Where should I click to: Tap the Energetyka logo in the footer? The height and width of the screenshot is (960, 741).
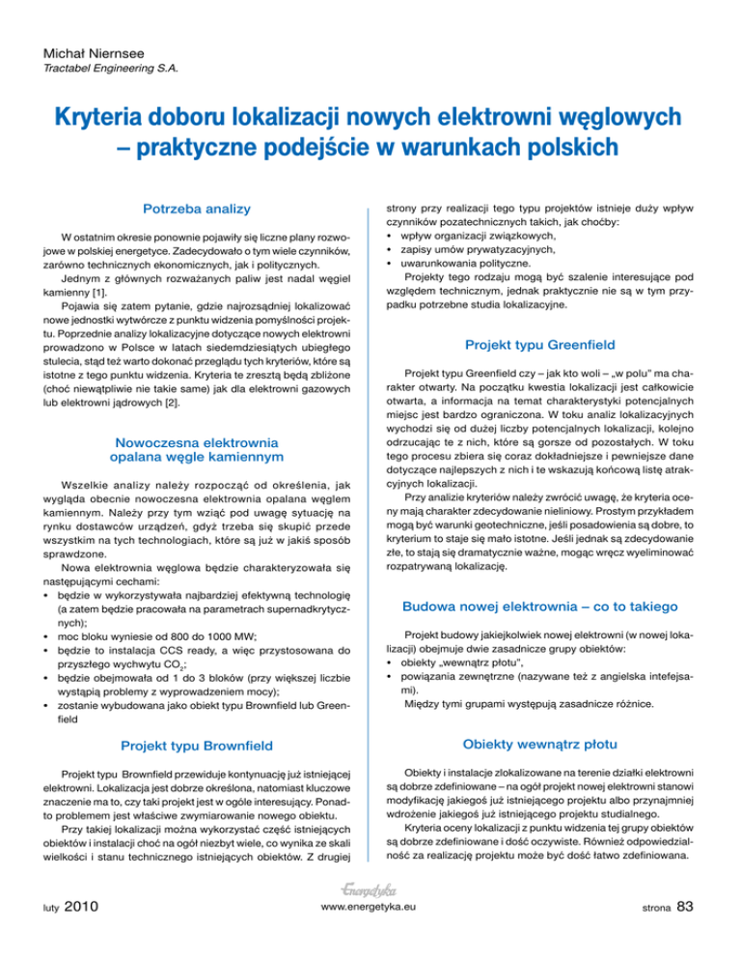370,914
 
